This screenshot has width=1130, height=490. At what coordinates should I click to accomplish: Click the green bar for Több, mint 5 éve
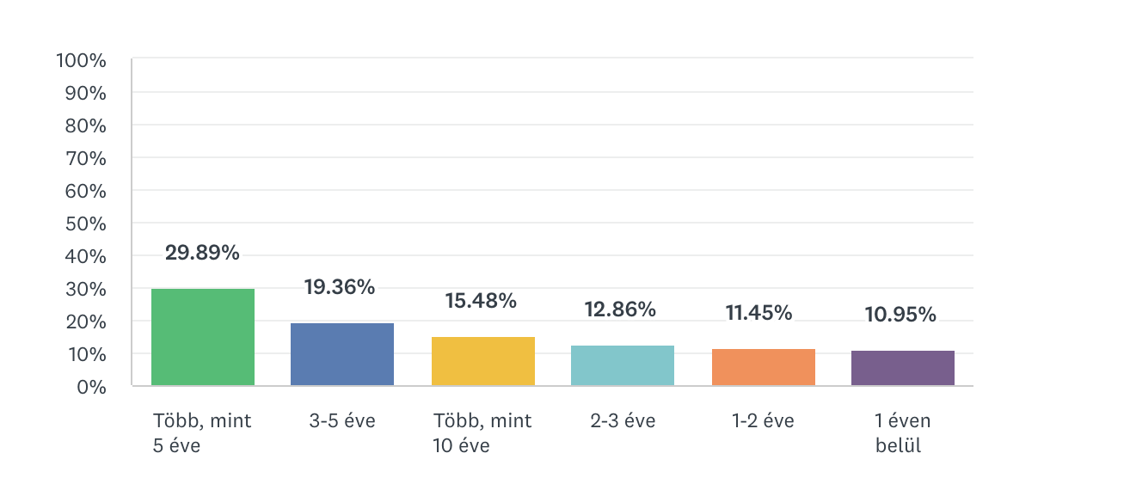203,337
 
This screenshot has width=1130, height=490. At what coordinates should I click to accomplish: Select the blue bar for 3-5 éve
342,354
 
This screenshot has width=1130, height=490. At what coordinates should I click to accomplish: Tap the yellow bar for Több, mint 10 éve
482,361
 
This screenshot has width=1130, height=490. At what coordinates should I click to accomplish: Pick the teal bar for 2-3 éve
623,365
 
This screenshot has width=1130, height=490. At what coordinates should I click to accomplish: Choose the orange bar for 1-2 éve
763,367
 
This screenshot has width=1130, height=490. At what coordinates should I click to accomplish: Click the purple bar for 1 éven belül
903,368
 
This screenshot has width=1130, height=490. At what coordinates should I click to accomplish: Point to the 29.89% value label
203,253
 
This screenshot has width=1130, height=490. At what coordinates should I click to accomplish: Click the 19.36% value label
340,287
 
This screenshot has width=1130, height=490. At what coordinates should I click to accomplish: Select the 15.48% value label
481,301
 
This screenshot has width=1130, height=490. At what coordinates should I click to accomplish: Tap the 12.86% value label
620,309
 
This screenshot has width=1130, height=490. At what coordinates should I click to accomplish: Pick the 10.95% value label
900,315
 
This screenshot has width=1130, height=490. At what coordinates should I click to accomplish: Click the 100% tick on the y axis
81,60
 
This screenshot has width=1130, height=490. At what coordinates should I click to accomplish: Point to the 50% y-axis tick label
85,224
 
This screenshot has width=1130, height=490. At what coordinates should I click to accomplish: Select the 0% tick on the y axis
90,387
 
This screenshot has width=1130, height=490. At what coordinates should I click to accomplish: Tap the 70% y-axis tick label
85,158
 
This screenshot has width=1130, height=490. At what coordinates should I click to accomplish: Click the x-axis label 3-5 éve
342,421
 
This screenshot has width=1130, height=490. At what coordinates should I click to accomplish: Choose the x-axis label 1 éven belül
903,433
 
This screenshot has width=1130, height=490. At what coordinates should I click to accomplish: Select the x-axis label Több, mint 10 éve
482,433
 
